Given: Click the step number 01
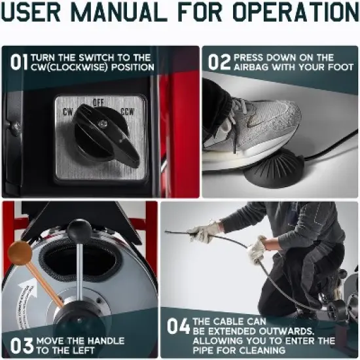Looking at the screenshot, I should pyautogui.click(x=18, y=62).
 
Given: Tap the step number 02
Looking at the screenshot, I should pyautogui.click(x=219, y=62).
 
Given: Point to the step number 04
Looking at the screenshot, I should pyautogui.click(x=178, y=326).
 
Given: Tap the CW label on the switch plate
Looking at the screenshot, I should pyautogui.click(x=67, y=111).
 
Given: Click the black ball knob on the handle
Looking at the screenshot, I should pyautogui.click(x=79, y=230).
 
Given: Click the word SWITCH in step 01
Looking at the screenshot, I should pyautogui.click(x=104, y=57).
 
